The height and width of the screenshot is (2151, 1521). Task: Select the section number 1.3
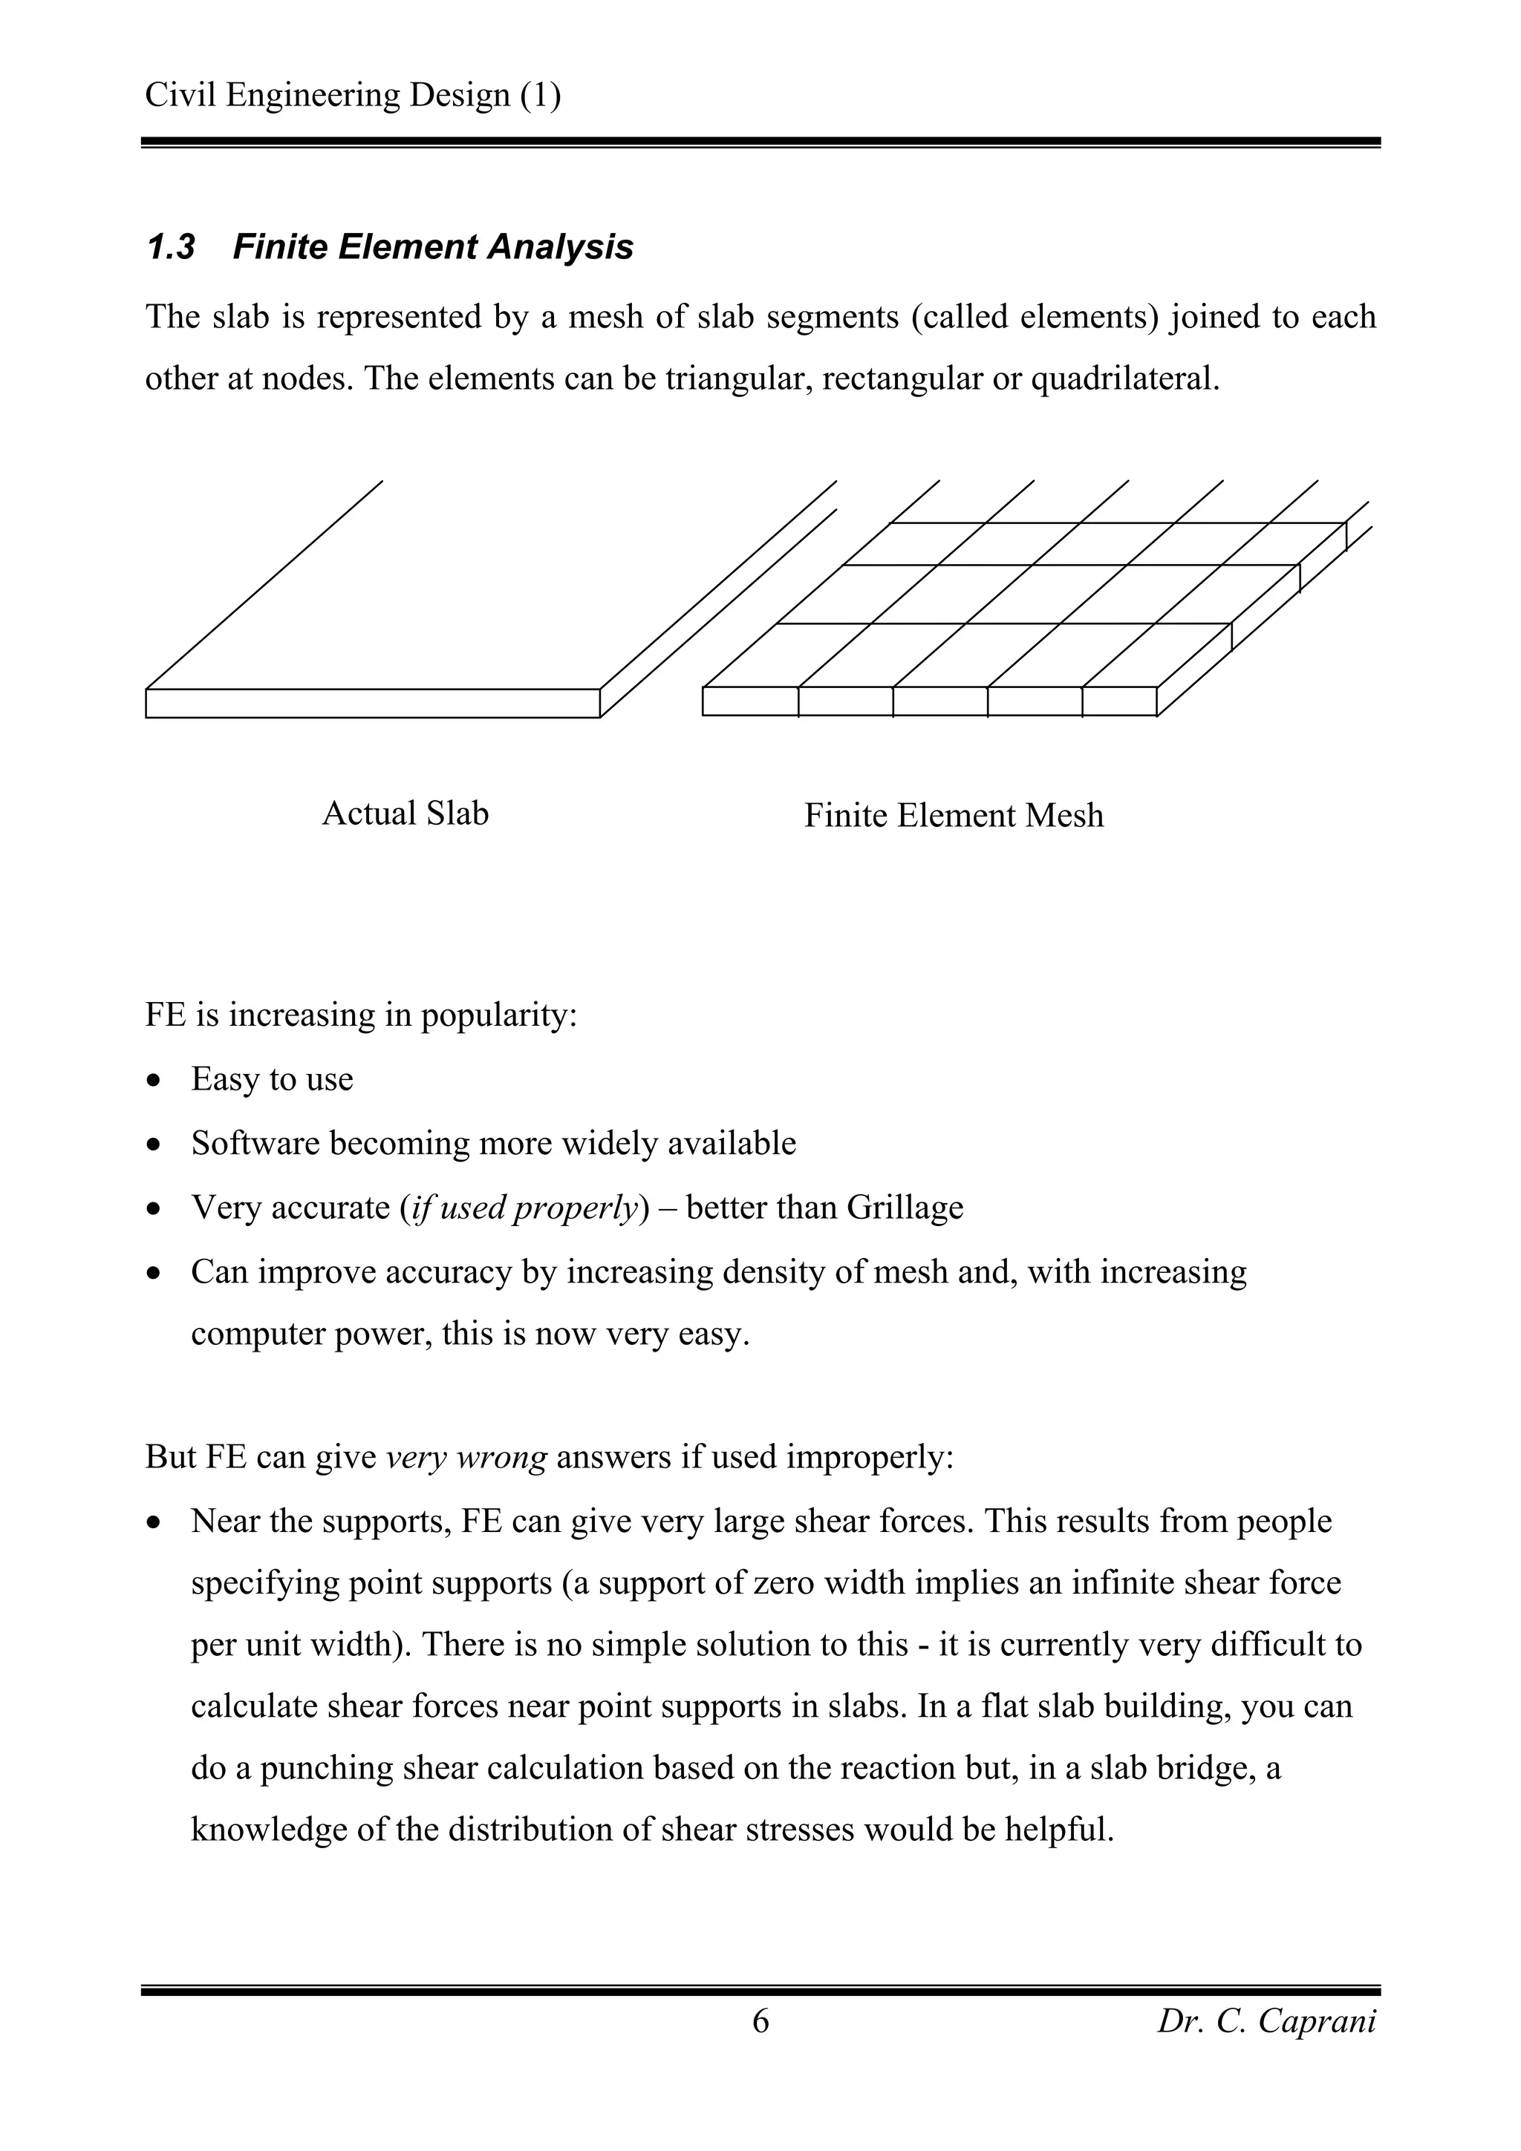pos(171,247)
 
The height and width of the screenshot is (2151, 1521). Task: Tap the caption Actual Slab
pos(405,813)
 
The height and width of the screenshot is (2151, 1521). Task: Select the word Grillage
pos(905,1208)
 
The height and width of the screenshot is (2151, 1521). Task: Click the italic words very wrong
pos(466,1458)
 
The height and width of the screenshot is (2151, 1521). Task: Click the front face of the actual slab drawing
pos(372,704)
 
